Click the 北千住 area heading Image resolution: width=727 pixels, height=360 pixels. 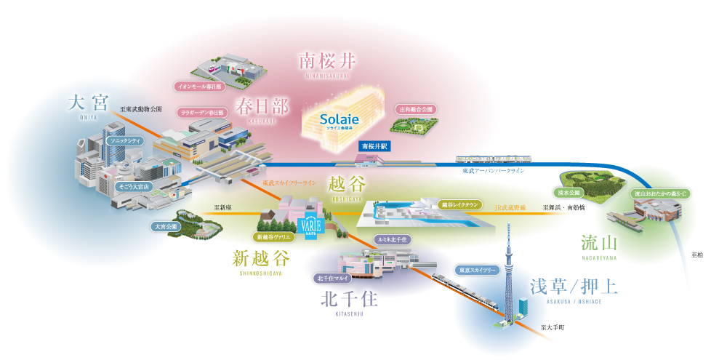[x=348, y=299]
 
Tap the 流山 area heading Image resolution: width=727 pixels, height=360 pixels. [x=599, y=242]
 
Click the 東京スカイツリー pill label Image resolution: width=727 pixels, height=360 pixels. [x=476, y=269]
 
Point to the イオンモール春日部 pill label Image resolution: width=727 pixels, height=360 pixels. [x=199, y=87]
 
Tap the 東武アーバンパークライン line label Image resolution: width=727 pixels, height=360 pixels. [x=494, y=170]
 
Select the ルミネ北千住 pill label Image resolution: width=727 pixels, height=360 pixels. [x=393, y=239]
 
